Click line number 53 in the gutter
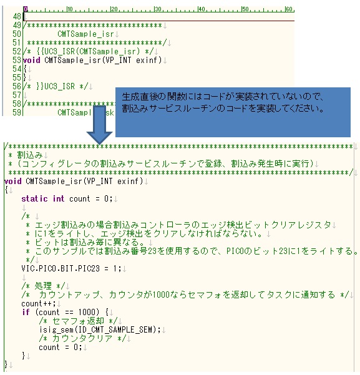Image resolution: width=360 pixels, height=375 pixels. point(17,60)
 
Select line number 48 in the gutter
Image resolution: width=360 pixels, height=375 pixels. point(17,16)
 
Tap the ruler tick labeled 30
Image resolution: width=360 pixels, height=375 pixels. point(158,9)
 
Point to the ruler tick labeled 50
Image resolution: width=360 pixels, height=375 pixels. point(245,9)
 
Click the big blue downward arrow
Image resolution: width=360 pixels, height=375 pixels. point(99,124)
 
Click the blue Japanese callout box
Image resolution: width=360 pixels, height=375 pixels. point(233,112)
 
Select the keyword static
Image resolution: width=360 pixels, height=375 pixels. point(34,199)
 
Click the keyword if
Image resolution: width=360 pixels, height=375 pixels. point(26,313)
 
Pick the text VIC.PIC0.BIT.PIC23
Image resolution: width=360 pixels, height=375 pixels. point(61,268)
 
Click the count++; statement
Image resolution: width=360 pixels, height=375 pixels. point(39,304)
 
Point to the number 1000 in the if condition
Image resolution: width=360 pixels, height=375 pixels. point(87,313)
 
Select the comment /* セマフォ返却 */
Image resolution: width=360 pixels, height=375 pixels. point(78,321)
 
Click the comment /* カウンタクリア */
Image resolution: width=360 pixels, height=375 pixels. point(82,338)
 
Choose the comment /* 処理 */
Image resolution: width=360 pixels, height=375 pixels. point(43,286)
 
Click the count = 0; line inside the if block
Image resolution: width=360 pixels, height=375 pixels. point(61,348)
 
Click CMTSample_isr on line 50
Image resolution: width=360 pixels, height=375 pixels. point(85,34)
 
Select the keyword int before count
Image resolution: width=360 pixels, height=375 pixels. point(59,199)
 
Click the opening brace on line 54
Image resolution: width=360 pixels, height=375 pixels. point(25,69)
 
